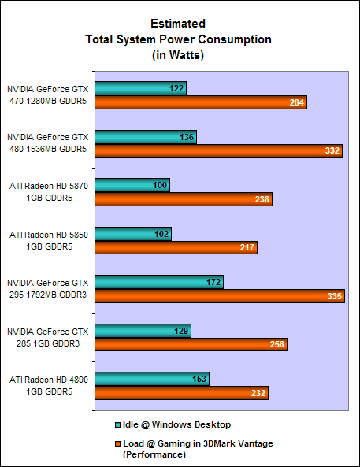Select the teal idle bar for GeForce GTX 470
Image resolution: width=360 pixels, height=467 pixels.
140,88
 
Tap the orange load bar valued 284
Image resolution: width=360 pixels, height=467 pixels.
200,102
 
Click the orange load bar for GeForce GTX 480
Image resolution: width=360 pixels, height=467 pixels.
218,151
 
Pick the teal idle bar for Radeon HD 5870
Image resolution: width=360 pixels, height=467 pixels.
132,185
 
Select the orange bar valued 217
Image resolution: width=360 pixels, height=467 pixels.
176,248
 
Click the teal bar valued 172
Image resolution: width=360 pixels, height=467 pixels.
159,282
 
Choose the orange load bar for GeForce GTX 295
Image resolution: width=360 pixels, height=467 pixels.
220,296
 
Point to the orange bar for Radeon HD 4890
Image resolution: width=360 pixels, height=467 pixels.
181,393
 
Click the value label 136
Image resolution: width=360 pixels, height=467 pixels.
187,137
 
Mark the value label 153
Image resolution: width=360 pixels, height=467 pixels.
199,379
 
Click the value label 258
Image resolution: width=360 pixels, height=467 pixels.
277,345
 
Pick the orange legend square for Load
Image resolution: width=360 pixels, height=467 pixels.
117,443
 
